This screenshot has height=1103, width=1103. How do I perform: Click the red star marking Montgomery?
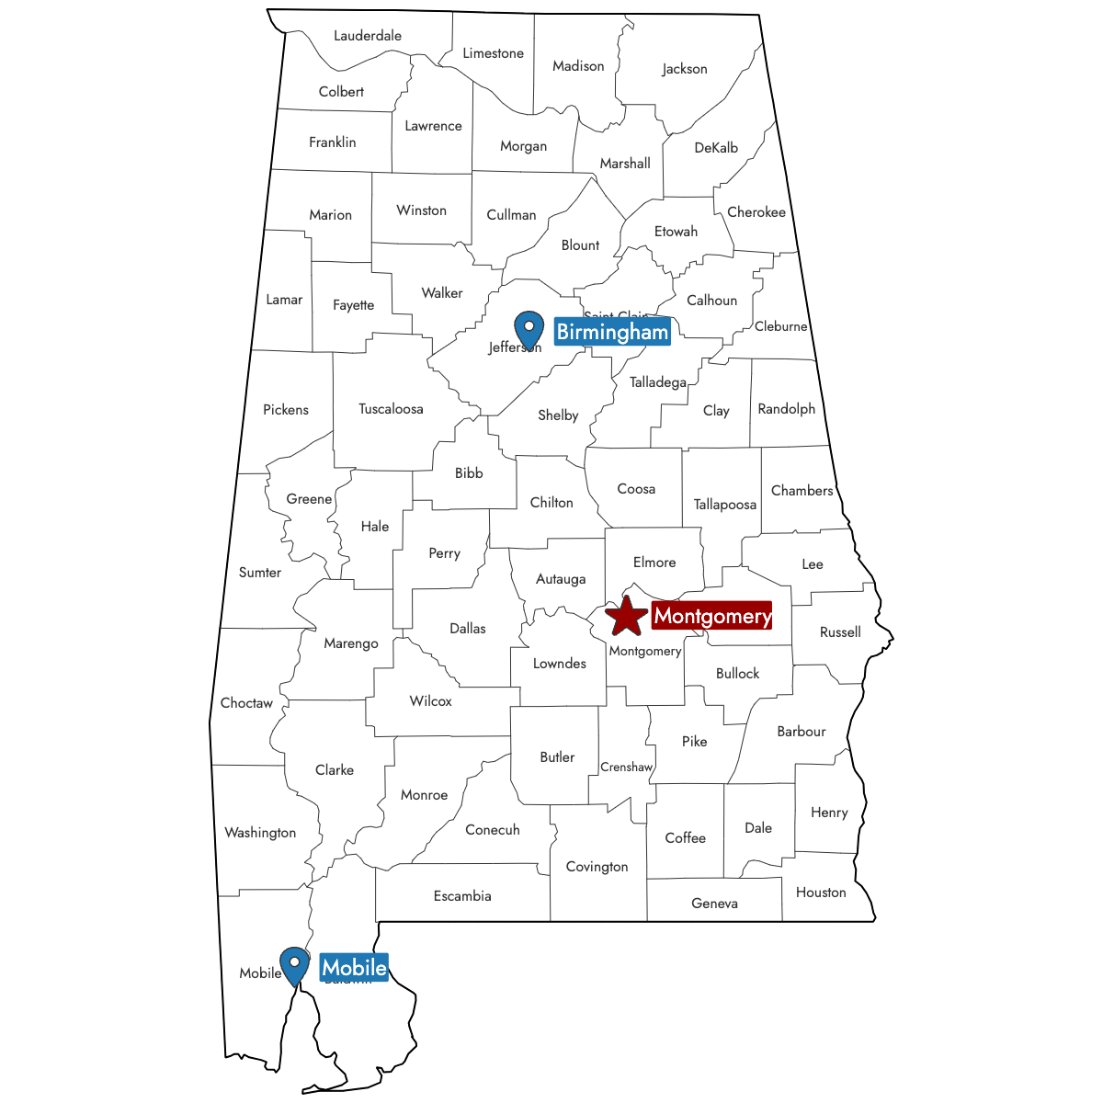click(x=626, y=616)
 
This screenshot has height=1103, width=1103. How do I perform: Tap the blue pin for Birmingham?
click(x=529, y=328)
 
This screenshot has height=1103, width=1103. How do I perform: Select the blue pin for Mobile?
click(x=294, y=964)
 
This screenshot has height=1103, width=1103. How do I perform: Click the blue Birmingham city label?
click(x=612, y=332)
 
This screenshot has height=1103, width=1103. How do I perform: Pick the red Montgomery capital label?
click(x=712, y=616)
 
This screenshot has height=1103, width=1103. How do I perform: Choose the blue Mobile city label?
click(x=354, y=968)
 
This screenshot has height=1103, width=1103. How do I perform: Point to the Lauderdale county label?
click(x=368, y=36)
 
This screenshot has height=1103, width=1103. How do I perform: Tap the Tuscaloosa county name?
click(x=391, y=409)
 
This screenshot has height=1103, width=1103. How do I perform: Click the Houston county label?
click(x=821, y=893)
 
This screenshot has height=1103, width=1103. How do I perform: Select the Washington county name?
click(x=260, y=833)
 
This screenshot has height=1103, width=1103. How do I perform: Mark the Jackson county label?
click(x=685, y=69)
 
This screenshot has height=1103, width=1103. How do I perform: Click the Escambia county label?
click(x=462, y=896)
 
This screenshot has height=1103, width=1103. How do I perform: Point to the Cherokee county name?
click(x=756, y=212)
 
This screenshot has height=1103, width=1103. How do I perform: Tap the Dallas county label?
click(x=468, y=629)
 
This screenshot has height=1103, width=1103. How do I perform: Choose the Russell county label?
click(x=840, y=632)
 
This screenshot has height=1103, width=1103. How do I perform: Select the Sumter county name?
click(x=260, y=573)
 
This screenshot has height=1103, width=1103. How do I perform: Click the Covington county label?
click(x=597, y=867)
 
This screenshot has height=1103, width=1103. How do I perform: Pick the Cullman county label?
click(x=511, y=215)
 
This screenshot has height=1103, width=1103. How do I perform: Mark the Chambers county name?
click(x=802, y=491)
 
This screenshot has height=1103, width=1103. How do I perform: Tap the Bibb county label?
click(x=469, y=473)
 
